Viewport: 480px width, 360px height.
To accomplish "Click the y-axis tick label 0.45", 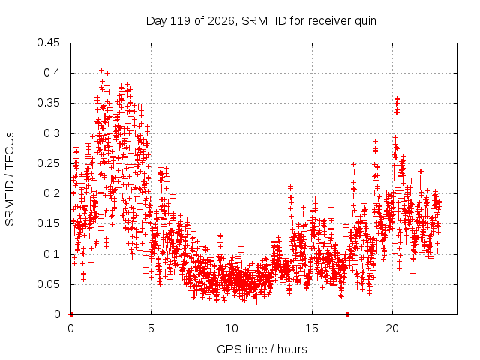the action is pos(48,43).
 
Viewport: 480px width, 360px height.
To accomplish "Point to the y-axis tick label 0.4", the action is pos(52,73).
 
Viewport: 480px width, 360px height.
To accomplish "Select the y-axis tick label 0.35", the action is pos(48,103).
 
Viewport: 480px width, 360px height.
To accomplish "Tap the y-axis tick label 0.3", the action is pos(52,133).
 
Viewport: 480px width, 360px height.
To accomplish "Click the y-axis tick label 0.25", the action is pos(48,163).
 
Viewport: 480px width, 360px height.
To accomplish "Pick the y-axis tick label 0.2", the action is pos(52,193).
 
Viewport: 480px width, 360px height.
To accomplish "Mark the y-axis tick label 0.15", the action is pos(48,223).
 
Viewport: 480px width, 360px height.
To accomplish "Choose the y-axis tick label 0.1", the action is pos(52,253).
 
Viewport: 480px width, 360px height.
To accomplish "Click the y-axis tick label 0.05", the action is pos(48,283).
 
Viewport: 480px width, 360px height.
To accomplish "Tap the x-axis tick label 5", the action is pos(151,328).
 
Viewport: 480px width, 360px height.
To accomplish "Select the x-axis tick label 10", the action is pos(232,328).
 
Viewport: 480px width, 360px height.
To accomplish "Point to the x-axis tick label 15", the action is pos(312,328).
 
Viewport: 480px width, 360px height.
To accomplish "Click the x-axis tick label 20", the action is pos(392,328).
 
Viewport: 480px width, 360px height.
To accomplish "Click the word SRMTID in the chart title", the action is pos(264,21).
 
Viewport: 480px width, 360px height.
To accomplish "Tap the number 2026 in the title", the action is pos(220,21).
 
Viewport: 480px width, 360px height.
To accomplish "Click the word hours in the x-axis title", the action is pos(292,349).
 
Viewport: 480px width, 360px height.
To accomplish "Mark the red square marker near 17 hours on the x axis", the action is pos(347,314).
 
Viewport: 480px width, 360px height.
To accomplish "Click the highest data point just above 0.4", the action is pos(102,70).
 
